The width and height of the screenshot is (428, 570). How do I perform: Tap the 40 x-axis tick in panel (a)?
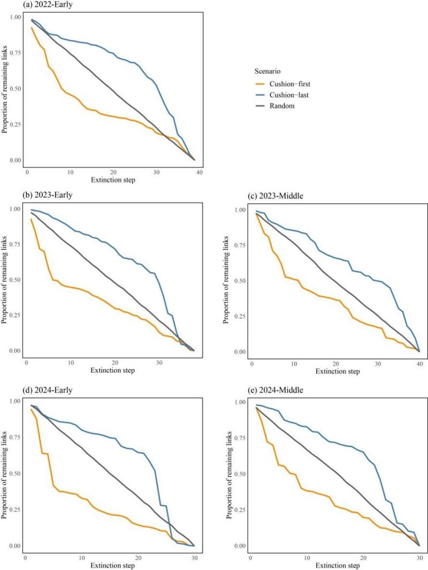(x=200, y=172)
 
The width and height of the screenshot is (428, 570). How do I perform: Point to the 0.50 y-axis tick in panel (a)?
(x=16, y=88)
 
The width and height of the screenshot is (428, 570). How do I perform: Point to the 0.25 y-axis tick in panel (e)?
(x=240, y=509)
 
